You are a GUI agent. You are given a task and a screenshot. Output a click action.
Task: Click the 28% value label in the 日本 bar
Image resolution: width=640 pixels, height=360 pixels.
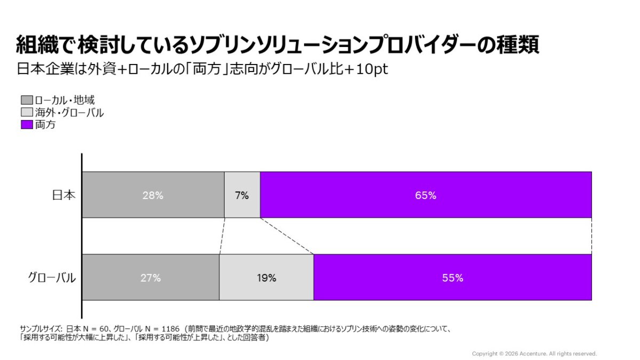click(153, 195)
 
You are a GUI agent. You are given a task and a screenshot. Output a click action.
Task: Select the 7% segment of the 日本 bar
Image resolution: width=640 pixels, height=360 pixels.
click(242, 195)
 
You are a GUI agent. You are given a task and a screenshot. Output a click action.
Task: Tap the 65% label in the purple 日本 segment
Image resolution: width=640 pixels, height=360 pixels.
click(426, 195)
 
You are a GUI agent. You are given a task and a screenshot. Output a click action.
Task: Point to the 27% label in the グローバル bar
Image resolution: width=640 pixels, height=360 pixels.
click(150, 278)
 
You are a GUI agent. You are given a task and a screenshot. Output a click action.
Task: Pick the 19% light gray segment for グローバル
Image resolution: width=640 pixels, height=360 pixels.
click(266, 278)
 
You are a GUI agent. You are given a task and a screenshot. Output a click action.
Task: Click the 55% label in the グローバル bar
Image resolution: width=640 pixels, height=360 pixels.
click(452, 278)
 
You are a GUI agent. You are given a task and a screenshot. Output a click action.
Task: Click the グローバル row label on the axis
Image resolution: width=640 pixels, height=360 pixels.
click(52, 278)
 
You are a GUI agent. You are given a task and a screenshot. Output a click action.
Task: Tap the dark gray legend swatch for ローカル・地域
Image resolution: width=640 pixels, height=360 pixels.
click(27, 100)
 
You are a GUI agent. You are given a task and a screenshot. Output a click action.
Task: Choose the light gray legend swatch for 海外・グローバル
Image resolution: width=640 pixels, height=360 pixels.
click(27, 113)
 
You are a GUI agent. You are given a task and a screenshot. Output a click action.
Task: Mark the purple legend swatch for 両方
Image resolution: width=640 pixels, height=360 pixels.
click(27, 125)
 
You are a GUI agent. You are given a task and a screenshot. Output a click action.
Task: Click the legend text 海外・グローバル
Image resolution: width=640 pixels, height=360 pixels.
click(69, 113)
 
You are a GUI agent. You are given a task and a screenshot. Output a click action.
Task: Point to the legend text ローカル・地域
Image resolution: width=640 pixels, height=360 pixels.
click(65, 100)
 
